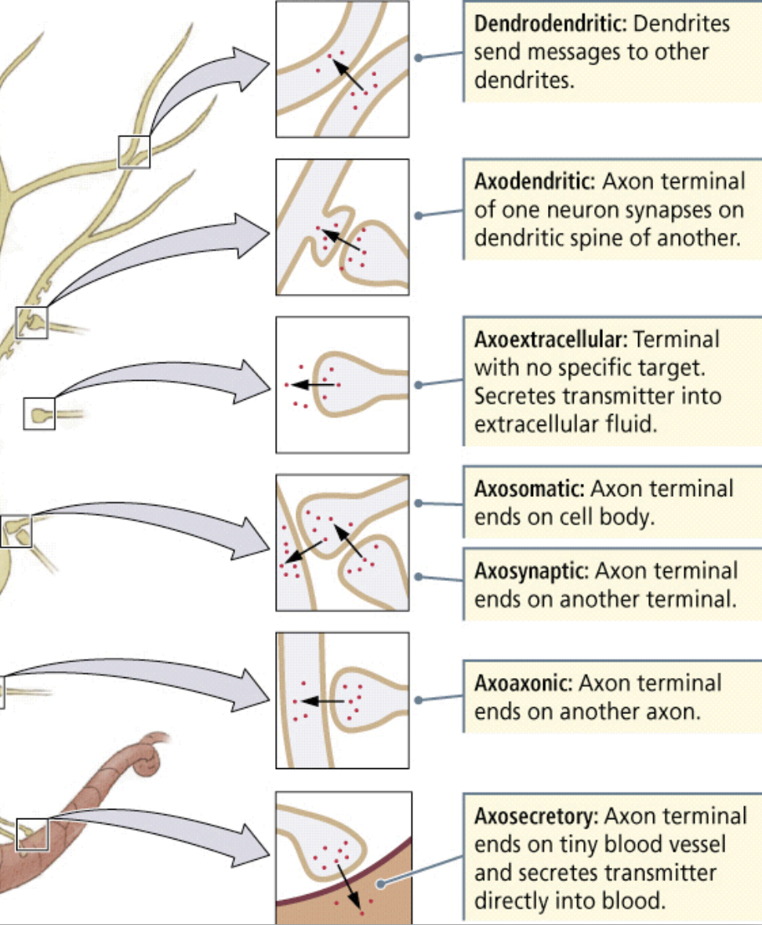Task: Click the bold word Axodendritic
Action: pos(532,182)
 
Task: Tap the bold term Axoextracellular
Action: pos(550,340)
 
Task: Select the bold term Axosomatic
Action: pos(529,489)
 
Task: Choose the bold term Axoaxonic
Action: pos(524,683)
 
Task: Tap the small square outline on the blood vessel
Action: pos(32,834)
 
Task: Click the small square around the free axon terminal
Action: pos(39,413)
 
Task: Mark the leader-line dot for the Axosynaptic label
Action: pos(419,577)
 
